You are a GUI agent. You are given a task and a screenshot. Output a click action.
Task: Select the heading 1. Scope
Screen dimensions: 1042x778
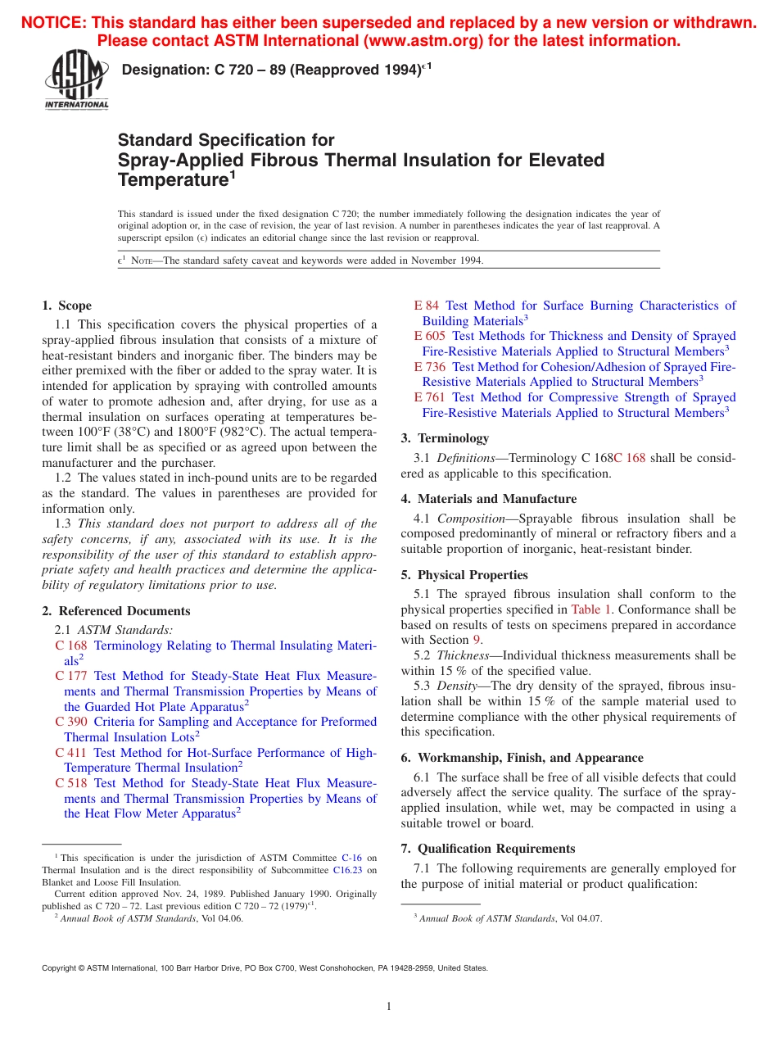click(x=67, y=306)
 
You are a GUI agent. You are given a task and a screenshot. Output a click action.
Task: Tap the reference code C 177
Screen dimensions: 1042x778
click(x=71, y=676)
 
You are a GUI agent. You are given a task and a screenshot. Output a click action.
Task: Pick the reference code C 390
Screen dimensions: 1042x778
click(x=71, y=722)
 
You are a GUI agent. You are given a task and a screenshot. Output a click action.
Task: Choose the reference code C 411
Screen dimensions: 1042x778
click(x=71, y=752)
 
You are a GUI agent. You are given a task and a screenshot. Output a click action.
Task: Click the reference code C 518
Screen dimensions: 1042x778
click(x=71, y=783)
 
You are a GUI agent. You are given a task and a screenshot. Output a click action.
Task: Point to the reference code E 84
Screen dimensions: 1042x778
click(x=427, y=306)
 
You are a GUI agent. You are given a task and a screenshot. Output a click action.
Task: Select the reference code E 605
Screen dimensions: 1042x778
click(x=430, y=336)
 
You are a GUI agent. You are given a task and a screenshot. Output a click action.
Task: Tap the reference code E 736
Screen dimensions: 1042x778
click(x=430, y=367)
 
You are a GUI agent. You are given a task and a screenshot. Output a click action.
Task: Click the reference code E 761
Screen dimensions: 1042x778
click(x=430, y=397)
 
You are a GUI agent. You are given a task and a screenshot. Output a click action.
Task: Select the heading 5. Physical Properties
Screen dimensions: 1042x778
click(x=464, y=575)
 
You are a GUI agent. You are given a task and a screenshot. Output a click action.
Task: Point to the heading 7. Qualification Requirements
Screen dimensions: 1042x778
click(x=488, y=849)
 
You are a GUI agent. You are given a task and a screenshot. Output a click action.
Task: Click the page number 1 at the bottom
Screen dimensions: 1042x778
click(x=389, y=1007)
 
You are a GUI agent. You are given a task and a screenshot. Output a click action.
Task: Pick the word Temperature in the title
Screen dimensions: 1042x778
click(x=172, y=180)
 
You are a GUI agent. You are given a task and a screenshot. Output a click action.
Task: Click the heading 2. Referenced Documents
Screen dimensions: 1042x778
click(x=116, y=611)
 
